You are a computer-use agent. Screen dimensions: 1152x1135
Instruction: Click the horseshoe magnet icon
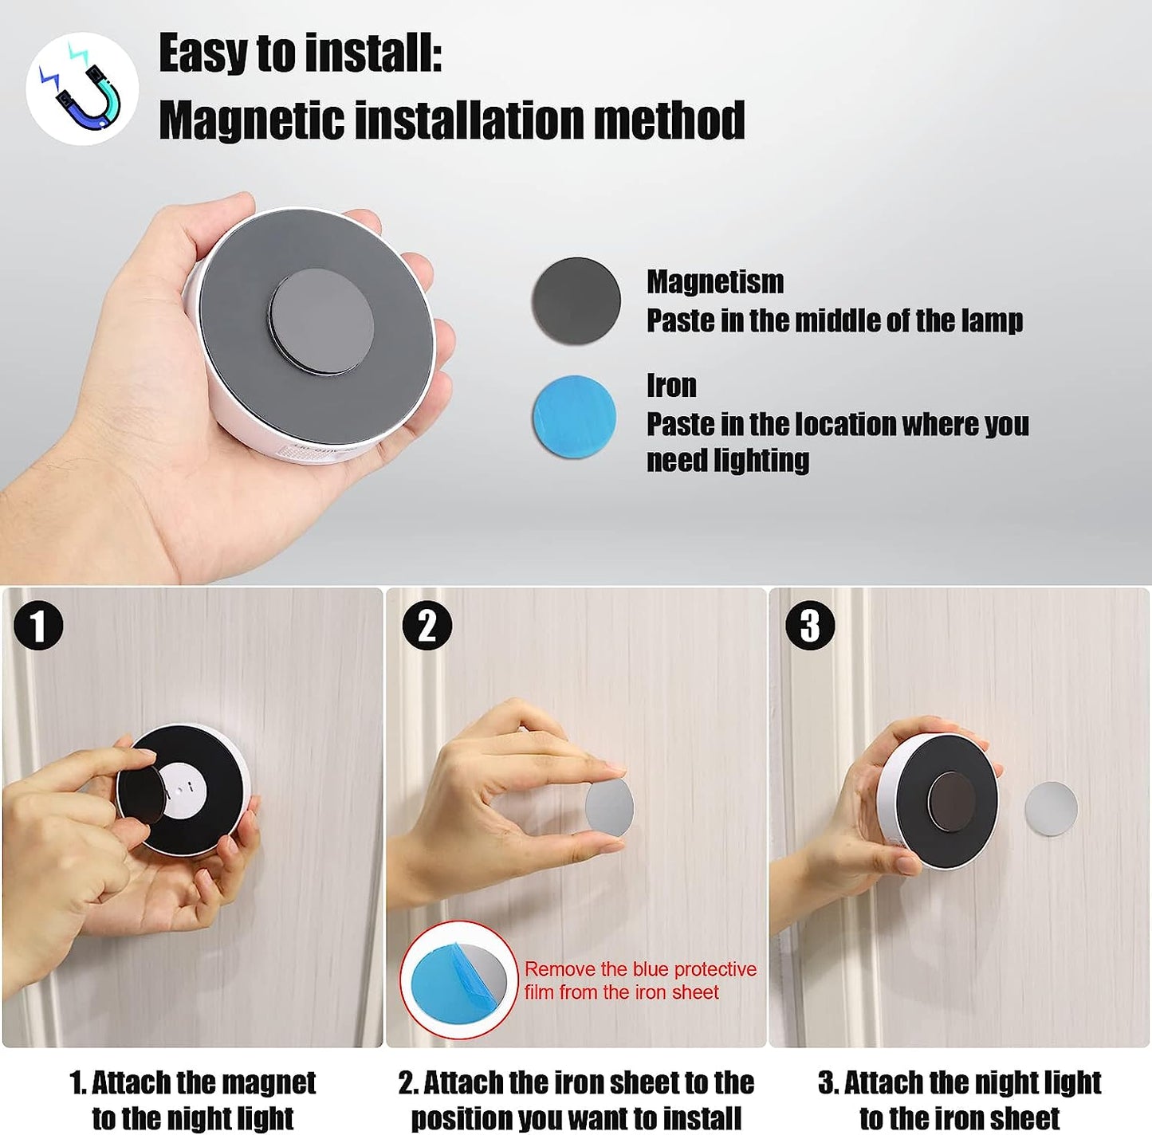(x=82, y=88)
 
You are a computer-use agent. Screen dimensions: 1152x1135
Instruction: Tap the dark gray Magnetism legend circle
(x=576, y=300)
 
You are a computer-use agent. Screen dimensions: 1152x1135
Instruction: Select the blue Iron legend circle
(x=575, y=417)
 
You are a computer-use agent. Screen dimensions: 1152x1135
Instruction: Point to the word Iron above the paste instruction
(x=671, y=386)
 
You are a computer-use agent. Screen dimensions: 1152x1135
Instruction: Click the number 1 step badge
(x=37, y=626)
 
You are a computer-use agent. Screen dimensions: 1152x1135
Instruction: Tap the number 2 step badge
(x=427, y=626)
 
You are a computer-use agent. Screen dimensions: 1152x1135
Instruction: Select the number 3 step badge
(x=809, y=626)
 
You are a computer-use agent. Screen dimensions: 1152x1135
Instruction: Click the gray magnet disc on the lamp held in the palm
(x=321, y=322)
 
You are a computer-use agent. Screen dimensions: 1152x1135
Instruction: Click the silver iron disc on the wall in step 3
(x=1051, y=809)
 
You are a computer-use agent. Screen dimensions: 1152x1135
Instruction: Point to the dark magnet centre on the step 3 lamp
(x=952, y=802)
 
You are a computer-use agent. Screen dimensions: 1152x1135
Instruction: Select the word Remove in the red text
(x=560, y=969)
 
